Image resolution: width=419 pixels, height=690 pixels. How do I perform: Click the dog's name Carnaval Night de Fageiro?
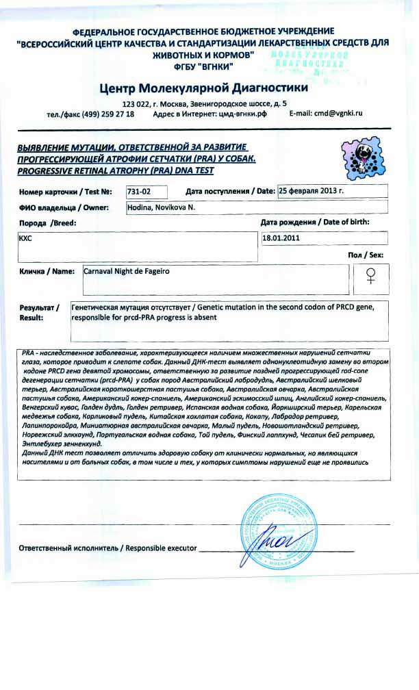(126, 271)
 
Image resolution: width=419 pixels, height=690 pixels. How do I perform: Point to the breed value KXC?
(25, 239)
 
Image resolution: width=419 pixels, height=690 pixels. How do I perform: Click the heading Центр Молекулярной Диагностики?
(203, 88)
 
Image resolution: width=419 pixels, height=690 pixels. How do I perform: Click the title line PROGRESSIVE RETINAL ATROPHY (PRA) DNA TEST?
(116, 170)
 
